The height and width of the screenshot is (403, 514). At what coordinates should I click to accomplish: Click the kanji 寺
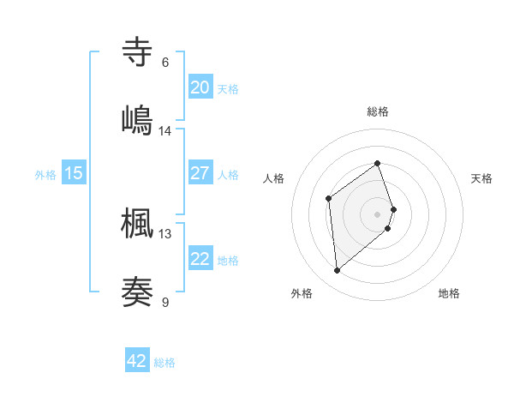[x=138, y=52]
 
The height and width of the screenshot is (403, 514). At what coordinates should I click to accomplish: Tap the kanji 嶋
[x=138, y=118]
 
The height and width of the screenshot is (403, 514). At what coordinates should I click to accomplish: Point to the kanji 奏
[x=138, y=290]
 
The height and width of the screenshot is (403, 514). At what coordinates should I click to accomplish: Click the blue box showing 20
[x=200, y=87]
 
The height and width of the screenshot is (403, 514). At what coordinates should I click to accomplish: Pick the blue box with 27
[x=200, y=173]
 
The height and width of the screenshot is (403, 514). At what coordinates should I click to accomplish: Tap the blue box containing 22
[x=200, y=259]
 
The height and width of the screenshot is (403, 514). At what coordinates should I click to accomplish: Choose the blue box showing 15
[x=74, y=173]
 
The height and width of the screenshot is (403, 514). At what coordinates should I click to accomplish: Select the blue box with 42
[x=137, y=361]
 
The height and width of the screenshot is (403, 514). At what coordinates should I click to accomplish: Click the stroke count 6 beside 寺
[x=165, y=63]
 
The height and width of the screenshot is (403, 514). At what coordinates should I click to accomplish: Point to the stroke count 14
[x=165, y=131]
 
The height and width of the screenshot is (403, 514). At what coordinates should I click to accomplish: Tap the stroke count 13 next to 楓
[x=165, y=233]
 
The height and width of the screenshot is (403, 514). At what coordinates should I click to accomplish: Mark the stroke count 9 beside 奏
[x=165, y=302]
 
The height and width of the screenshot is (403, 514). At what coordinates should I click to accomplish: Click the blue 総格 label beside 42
[x=164, y=363]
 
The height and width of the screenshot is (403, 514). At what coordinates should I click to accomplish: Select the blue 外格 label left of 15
[x=45, y=174]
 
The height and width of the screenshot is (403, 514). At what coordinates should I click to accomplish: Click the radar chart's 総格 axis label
[x=378, y=111]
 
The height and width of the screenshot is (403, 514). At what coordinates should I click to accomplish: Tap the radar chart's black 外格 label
[x=302, y=293]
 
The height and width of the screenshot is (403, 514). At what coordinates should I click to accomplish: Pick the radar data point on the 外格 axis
[x=338, y=271]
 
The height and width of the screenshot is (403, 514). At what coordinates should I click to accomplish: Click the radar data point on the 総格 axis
[x=378, y=163]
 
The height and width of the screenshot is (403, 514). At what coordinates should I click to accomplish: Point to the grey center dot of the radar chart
[x=378, y=213]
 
